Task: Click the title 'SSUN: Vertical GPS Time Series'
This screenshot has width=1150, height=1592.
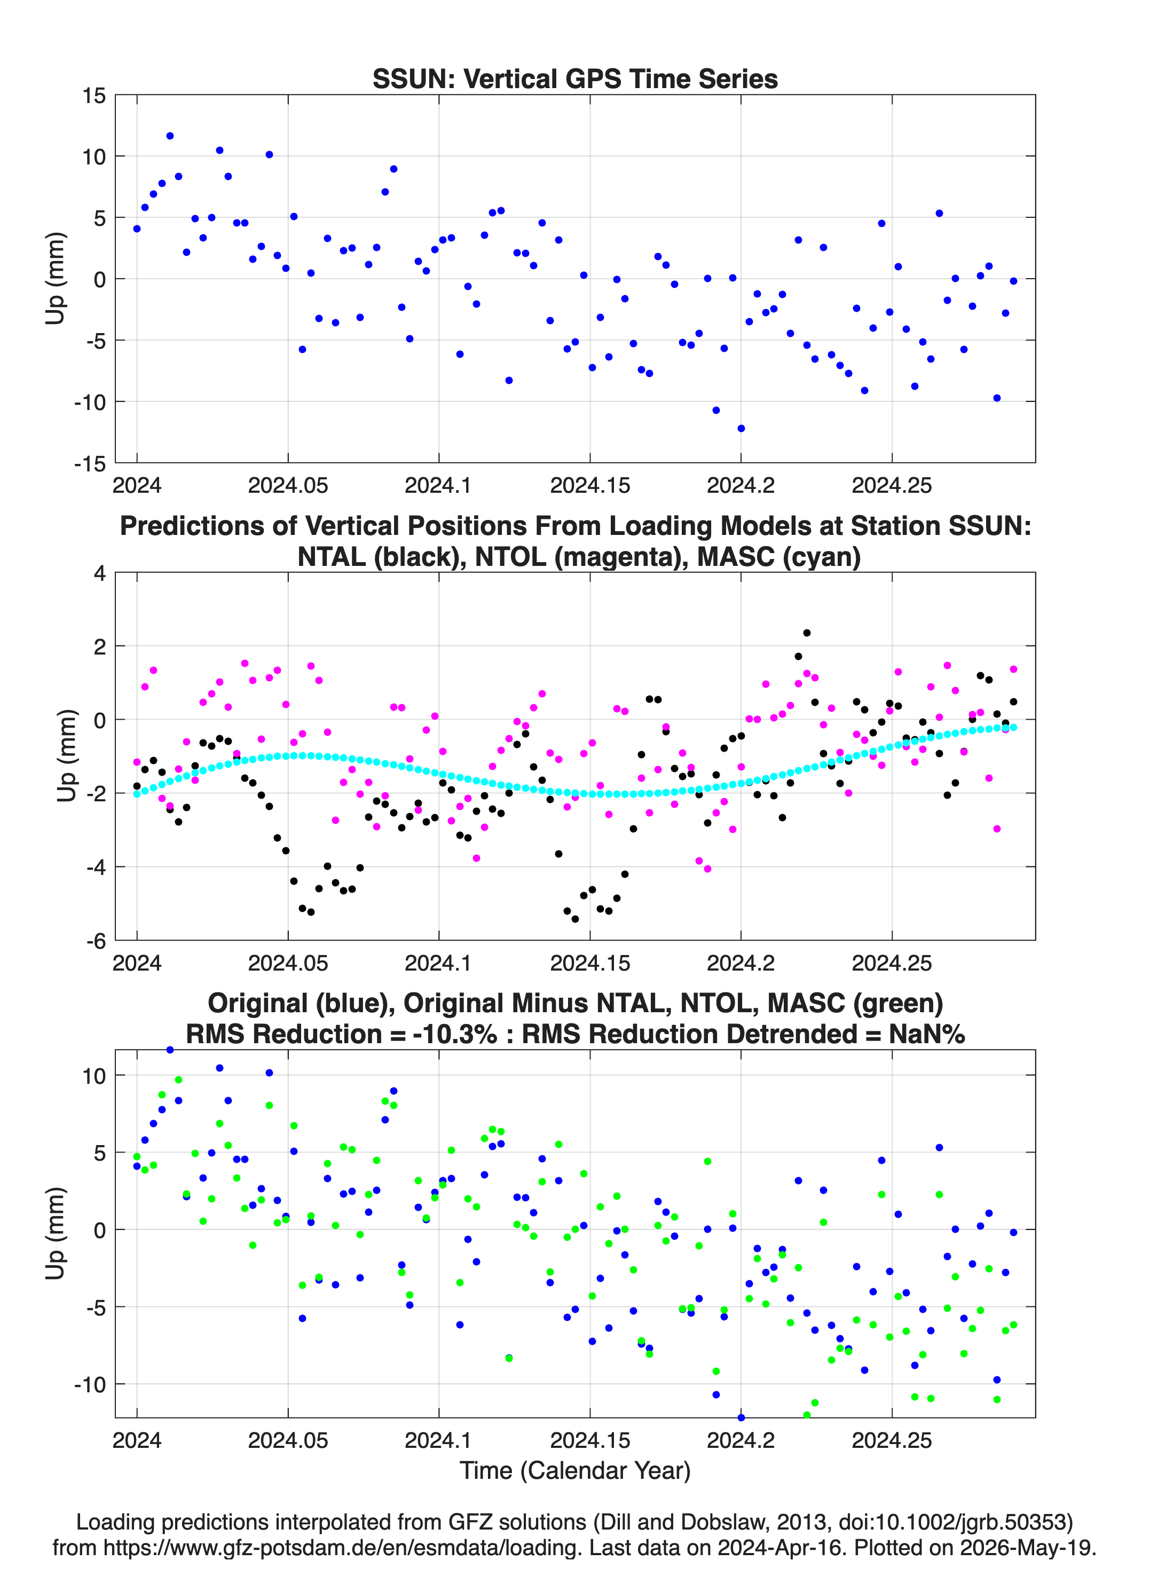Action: tap(574, 78)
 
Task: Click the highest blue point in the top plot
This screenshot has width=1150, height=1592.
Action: tap(170, 136)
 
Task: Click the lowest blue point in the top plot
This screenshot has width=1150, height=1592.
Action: tap(741, 428)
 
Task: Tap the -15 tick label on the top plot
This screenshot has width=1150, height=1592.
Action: tap(90, 463)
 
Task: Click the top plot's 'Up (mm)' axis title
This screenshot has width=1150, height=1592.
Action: tap(55, 279)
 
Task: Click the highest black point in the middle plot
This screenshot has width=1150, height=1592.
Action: tap(807, 633)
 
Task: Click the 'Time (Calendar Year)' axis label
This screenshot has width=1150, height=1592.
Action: tap(575, 1470)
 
